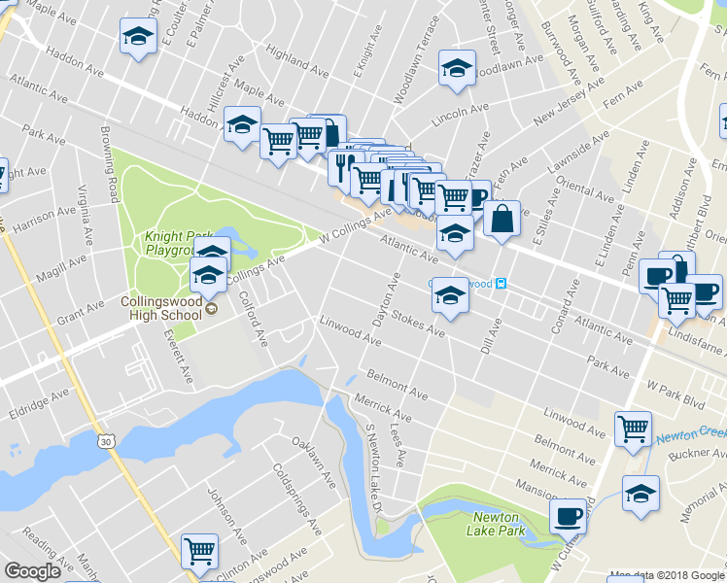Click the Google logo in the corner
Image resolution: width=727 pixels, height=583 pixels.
[x=32, y=571]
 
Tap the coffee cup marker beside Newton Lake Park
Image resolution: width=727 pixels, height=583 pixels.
[x=568, y=515]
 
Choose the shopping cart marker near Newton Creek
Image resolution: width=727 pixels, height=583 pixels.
[x=633, y=428]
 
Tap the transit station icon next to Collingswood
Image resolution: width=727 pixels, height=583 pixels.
[x=501, y=284]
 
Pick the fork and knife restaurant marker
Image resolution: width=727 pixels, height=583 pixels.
[x=341, y=166]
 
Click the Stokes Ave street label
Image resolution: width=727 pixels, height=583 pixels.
[x=419, y=325]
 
